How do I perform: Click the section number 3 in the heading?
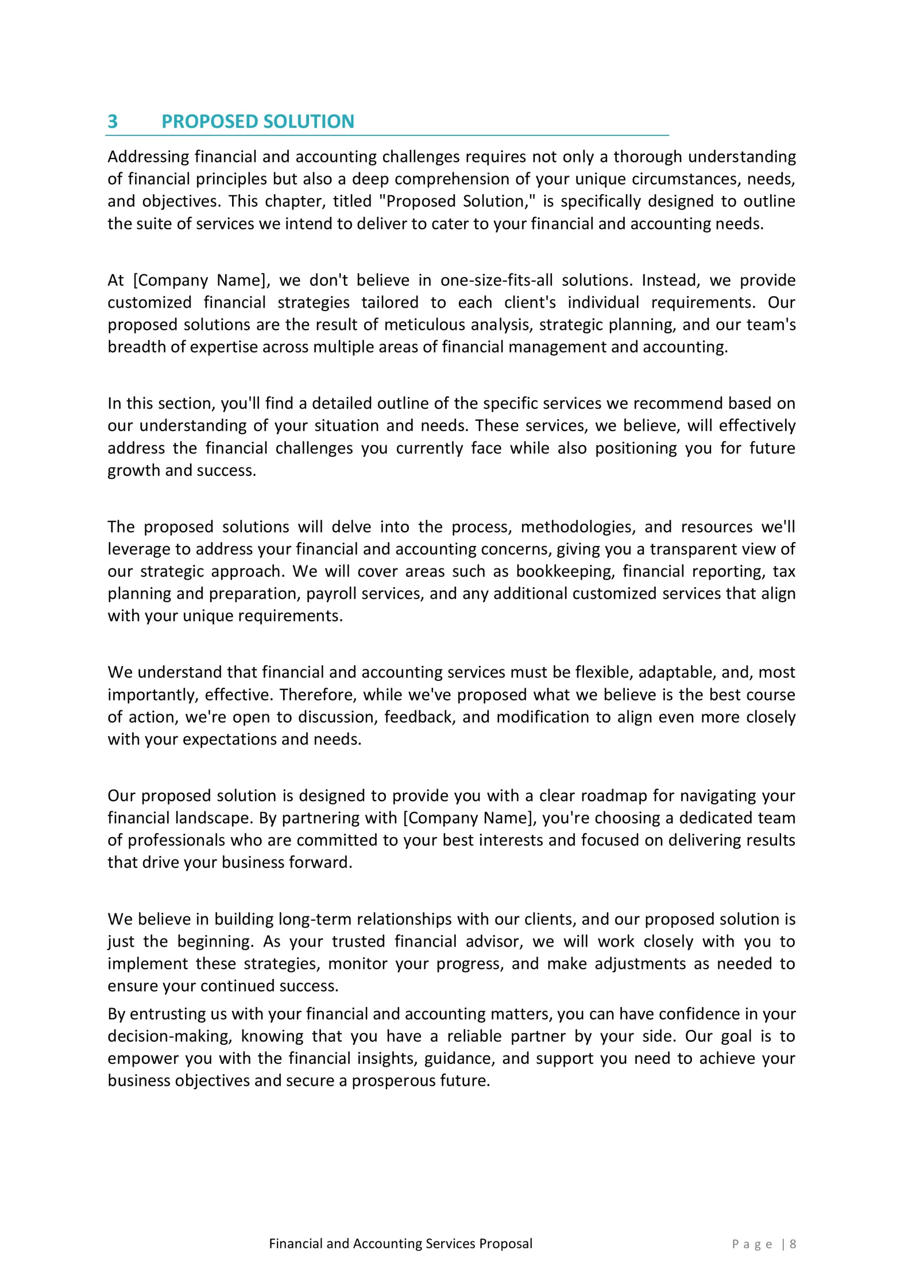pyautogui.click(x=112, y=121)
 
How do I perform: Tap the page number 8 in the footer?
pyautogui.click(x=793, y=1244)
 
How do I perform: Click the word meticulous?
pyautogui.click(x=425, y=324)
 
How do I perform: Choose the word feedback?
pyautogui.click(x=420, y=716)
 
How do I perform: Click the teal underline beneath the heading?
pyautogui.click(x=387, y=135)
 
